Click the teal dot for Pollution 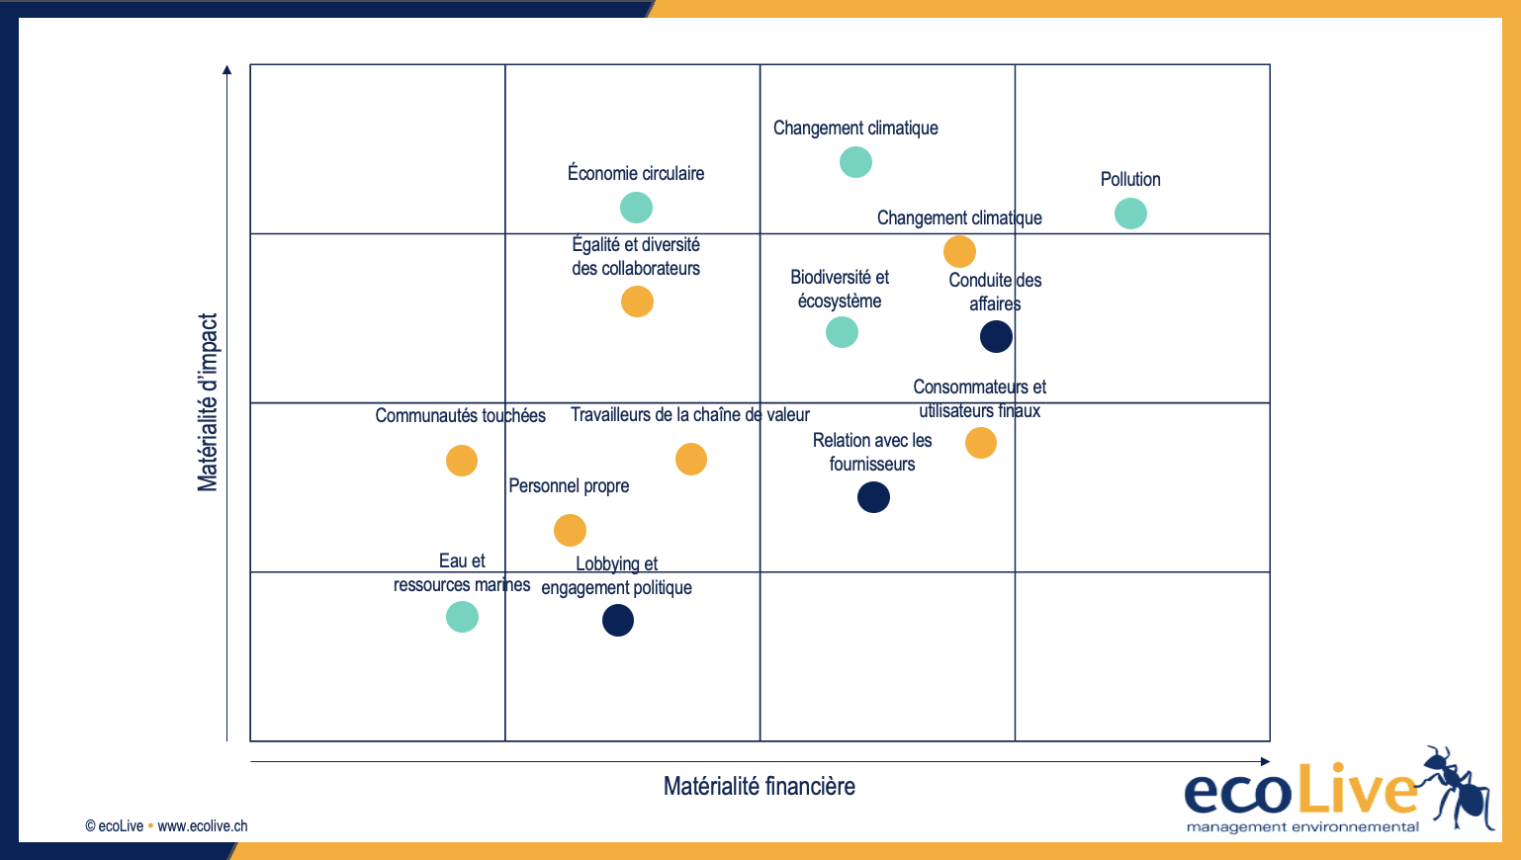1130,214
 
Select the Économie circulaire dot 636,208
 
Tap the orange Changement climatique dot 959,251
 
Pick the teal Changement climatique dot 855,162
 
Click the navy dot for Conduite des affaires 996,336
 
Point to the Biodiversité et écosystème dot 842,332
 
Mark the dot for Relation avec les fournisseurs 873,497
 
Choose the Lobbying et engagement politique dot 618,621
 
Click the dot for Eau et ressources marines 462,617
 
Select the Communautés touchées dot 462,461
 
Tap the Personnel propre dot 570,531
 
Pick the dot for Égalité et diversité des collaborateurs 637,301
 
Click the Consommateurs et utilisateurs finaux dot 981,443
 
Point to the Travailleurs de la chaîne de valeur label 689,415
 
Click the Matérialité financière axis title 759,787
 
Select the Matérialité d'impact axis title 208,402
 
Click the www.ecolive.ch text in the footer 203,826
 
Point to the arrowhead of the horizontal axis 1265,761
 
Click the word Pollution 1130,180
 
